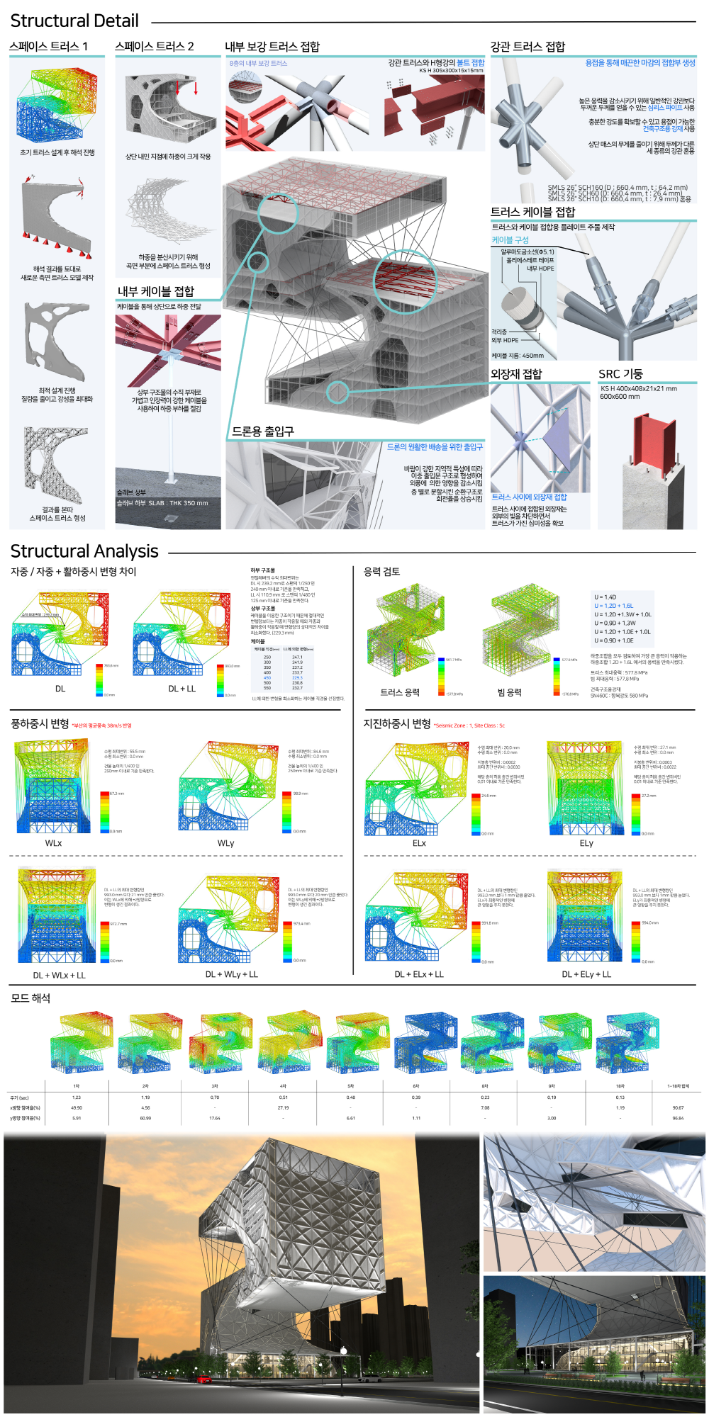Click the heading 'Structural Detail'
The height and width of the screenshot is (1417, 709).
coord(74,21)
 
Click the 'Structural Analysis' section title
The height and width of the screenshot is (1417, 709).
coord(84,551)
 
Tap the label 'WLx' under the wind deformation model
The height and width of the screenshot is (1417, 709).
coord(53,843)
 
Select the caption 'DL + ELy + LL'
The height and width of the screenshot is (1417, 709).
coord(586,974)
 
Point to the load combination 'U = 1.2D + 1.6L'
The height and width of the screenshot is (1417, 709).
coord(614,606)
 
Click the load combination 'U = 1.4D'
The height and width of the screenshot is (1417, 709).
coord(605,597)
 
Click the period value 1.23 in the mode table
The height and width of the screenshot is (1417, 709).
coord(77,1097)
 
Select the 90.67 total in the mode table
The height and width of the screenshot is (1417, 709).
coord(678,1107)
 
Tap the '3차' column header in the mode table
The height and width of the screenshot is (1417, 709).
coord(214,1086)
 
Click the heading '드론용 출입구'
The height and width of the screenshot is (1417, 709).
coord(263,431)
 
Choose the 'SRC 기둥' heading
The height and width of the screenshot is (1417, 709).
coord(620,374)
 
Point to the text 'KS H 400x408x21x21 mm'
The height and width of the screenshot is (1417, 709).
coord(638,388)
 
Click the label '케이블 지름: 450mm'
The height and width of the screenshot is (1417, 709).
coord(518,356)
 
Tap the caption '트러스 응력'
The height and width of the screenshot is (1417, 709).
coord(400,692)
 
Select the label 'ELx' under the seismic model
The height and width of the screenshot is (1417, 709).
coord(419,843)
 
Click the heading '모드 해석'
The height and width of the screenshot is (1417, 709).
coord(30,998)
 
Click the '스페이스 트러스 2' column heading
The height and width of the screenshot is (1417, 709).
coord(155,47)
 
